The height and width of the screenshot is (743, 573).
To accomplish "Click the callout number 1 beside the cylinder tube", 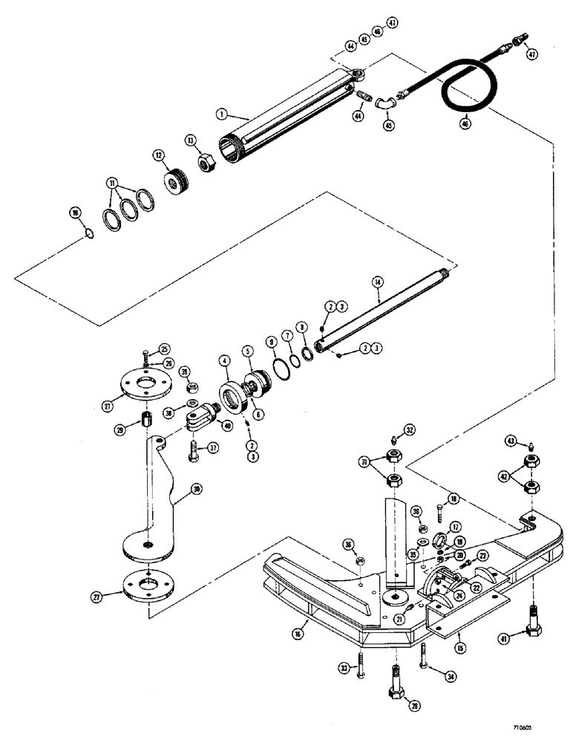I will click(x=220, y=114).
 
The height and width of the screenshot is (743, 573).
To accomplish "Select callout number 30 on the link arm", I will click(x=195, y=490).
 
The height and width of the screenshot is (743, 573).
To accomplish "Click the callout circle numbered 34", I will click(x=450, y=675).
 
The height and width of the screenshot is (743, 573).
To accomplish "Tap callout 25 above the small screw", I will click(x=164, y=348).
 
